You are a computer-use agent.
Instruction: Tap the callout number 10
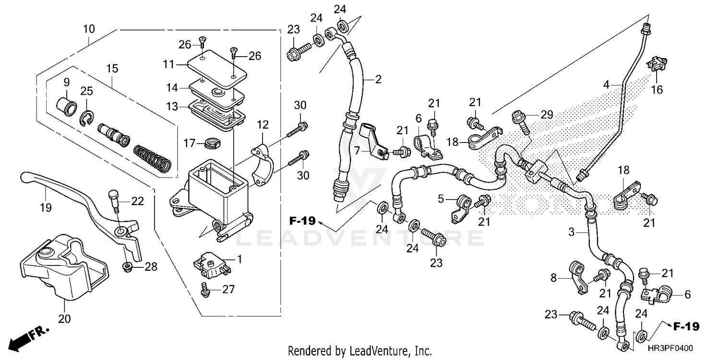coord(88,29)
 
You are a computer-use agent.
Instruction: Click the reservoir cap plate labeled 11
coord(216,68)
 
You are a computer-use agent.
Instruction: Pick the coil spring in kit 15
coord(151,158)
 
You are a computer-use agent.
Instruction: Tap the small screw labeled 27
coord(206,288)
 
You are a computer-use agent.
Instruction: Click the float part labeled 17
coord(210,142)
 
